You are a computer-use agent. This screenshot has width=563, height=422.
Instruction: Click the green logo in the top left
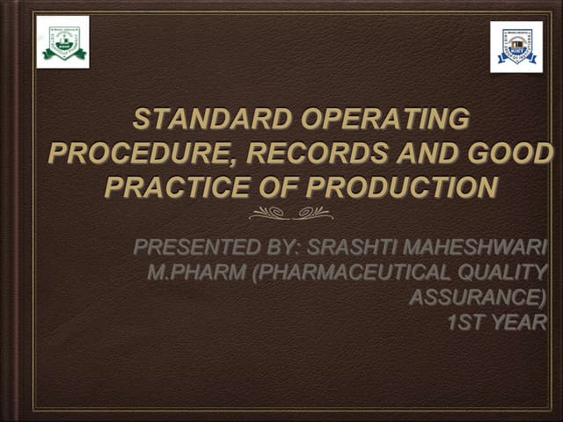click(62, 42)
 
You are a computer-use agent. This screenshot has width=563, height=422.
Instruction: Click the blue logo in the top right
click(516, 47)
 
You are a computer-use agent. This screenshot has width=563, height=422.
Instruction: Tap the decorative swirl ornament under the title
click(290, 213)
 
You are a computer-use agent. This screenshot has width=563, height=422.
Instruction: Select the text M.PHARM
click(196, 273)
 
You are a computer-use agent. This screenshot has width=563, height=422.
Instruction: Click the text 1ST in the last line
click(465, 323)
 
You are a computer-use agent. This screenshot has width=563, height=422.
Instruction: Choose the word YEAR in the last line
click(518, 323)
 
